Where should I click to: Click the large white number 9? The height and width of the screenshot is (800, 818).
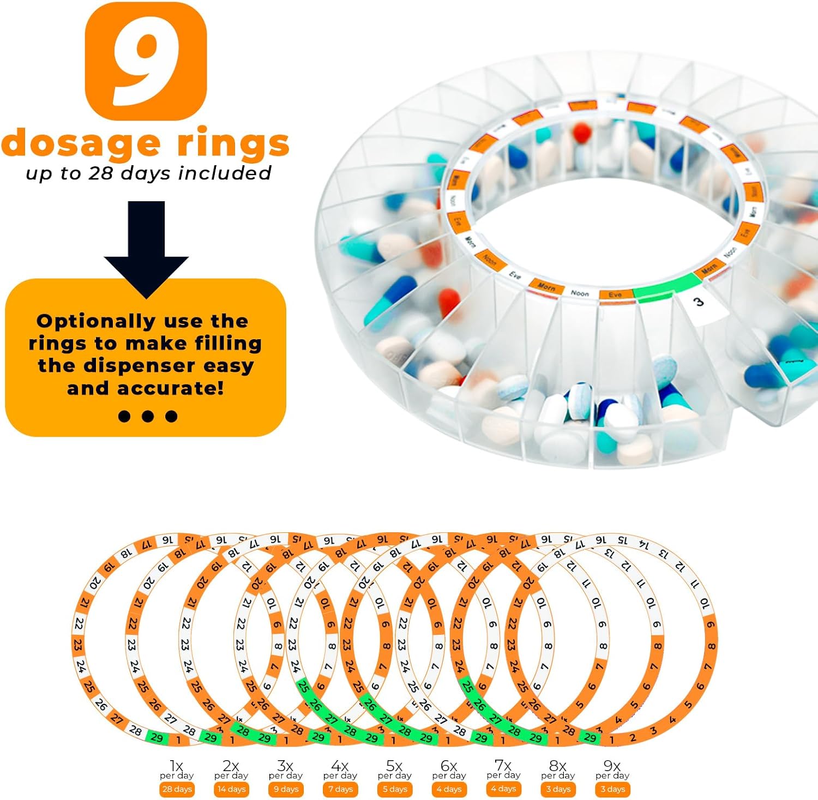coord(146,61)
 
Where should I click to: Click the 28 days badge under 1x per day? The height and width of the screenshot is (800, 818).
coord(177,789)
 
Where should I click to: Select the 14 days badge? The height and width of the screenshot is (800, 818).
coord(231,789)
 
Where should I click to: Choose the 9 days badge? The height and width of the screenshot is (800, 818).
coord(286,789)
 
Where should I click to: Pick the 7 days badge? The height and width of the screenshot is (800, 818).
coord(340,789)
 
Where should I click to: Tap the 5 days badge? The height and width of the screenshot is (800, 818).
coord(395,789)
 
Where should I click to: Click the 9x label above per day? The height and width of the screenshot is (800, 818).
coord(612,766)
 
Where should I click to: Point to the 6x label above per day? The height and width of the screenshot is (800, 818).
coord(449,766)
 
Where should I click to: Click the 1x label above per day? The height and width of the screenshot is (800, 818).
coord(176,766)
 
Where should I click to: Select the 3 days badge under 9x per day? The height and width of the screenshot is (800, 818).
coord(612,789)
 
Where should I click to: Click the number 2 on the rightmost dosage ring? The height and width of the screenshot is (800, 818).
coord(633,738)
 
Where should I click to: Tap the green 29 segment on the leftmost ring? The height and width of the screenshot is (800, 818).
coord(157,738)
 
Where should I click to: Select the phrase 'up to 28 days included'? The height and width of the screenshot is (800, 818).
coord(148,173)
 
